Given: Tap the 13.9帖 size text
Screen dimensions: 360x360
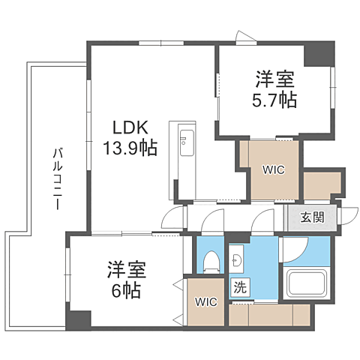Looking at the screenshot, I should tap(130, 148).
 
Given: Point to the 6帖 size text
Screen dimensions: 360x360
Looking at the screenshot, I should tap(123, 289).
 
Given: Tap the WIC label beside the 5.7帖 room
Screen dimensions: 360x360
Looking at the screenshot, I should tap(273, 169).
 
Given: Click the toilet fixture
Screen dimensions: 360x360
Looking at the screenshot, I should tap(211, 262).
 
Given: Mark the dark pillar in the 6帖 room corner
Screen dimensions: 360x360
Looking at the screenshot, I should tap(77, 317).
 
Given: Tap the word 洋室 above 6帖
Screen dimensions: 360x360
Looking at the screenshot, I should tap(123, 268).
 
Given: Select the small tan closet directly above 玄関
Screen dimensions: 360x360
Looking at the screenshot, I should tap(322, 184).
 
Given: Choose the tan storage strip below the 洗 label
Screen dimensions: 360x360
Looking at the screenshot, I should tap(269, 316).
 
